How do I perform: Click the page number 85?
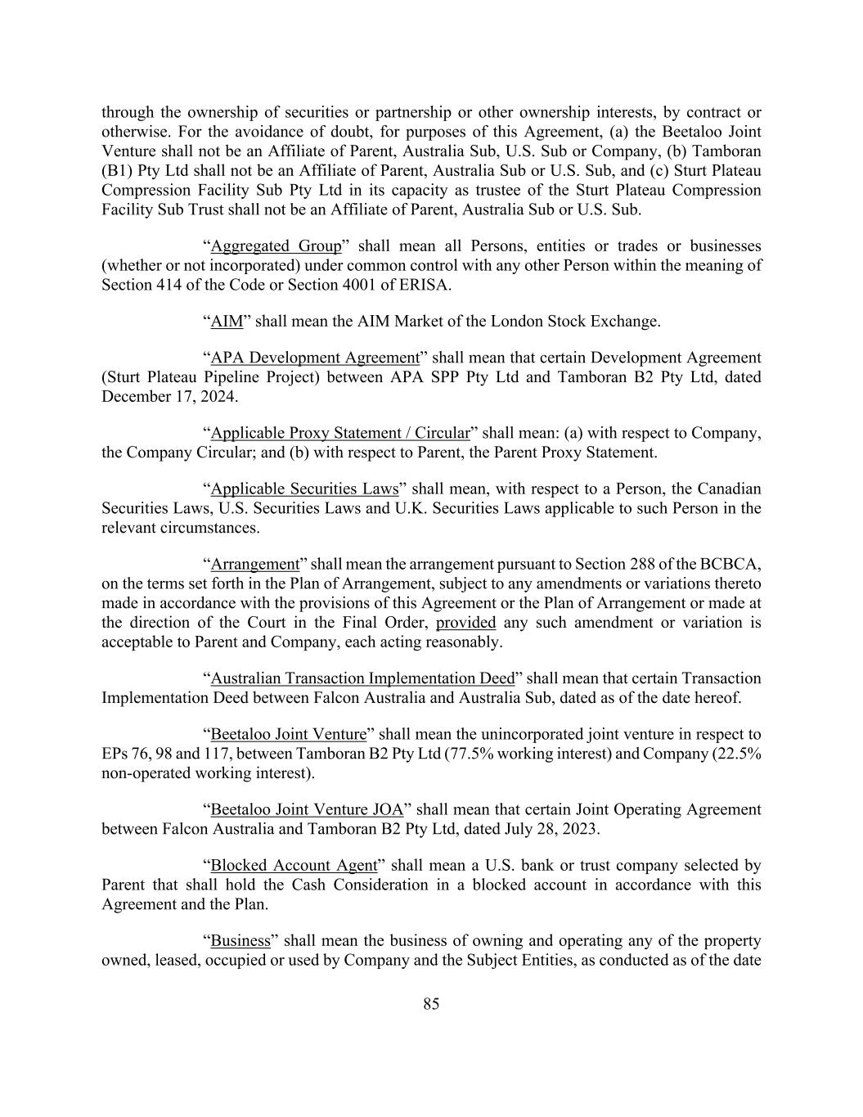point(431,1004)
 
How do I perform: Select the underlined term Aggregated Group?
point(276,246)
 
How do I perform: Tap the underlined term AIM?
point(227,322)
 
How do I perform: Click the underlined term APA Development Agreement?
point(315,358)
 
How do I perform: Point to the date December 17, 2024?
point(169,397)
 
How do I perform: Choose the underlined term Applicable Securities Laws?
point(304,489)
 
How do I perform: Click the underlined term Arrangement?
point(255,565)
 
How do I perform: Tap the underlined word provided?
point(465,623)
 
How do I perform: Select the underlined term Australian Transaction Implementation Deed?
point(362,678)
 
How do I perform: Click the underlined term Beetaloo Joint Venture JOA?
point(307,810)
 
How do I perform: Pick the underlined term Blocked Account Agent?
point(294,866)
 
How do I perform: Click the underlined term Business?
point(240,941)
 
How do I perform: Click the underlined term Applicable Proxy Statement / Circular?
point(340,433)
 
